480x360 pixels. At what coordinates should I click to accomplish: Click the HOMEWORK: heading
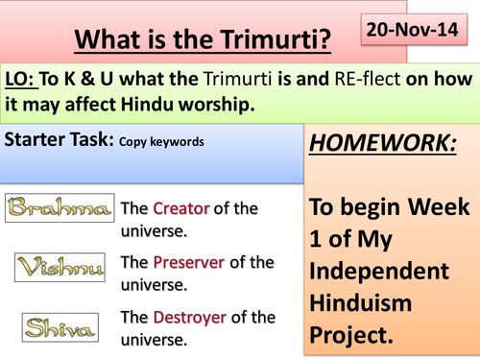(x=383, y=146)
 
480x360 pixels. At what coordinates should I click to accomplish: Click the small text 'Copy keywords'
(x=161, y=140)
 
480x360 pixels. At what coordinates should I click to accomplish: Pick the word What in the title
(x=109, y=43)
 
